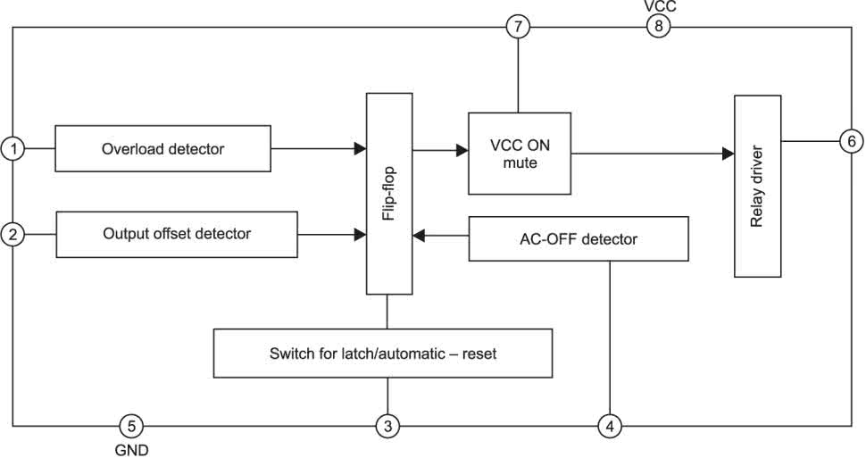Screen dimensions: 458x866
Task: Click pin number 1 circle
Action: click(x=12, y=148)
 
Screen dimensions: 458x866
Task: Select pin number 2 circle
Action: click(x=12, y=235)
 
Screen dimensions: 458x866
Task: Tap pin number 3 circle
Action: click(x=387, y=426)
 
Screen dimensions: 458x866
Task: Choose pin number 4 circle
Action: click(x=610, y=426)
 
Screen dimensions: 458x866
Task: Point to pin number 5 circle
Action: click(x=130, y=426)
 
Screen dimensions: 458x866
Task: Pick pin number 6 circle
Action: click(x=851, y=141)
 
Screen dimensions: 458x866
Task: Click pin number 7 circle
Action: click(x=518, y=27)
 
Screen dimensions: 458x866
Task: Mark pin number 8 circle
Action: click(x=659, y=27)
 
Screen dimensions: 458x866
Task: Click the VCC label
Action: click(x=660, y=7)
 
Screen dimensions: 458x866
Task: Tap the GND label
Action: click(x=131, y=450)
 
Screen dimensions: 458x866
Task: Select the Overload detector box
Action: click(x=162, y=148)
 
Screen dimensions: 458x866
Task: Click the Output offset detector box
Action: click(x=177, y=234)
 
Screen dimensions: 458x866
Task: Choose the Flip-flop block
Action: click(x=388, y=193)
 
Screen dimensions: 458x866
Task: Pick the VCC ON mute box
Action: click(x=520, y=154)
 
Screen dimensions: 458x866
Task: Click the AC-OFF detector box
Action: click(x=579, y=239)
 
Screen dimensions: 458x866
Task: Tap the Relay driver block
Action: click(x=757, y=186)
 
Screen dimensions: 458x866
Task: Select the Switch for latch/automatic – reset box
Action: click(x=382, y=354)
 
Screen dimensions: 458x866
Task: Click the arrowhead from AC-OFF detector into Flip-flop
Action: click(x=418, y=237)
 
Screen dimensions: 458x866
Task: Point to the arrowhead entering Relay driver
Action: click(x=728, y=154)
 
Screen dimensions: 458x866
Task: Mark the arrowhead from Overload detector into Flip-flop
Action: click(x=360, y=148)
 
